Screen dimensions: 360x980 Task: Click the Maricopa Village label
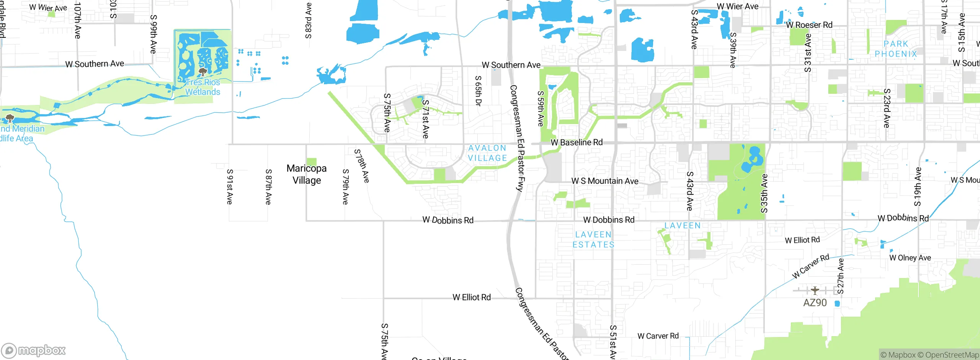click(x=307, y=174)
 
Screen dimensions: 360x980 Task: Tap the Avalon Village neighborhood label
click(x=487, y=153)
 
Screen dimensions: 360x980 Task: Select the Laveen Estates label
click(x=593, y=239)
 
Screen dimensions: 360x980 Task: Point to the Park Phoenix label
click(x=896, y=49)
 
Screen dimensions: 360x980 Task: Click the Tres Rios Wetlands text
click(x=203, y=87)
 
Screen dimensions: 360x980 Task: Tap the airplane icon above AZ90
click(x=815, y=291)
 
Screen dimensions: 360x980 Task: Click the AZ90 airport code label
click(x=815, y=303)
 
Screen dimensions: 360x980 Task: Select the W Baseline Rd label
click(x=577, y=142)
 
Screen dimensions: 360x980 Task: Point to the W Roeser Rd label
click(x=809, y=25)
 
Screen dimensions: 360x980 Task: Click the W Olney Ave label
click(x=910, y=258)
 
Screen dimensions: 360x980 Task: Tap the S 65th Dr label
click(x=478, y=91)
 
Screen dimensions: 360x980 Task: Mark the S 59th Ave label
click(x=540, y=108)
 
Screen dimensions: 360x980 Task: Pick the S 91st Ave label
click(x=230, y=187)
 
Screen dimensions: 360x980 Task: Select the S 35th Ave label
click(x=764, y=193)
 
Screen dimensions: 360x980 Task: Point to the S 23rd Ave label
click(x=887, y=108)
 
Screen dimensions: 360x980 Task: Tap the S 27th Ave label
click(x=841, y=276)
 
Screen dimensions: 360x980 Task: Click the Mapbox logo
click(x=34, y=350)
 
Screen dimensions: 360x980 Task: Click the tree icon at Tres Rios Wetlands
click(x=203, y=72)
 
